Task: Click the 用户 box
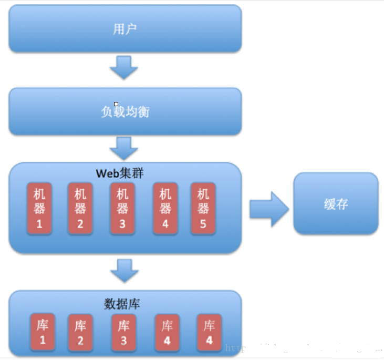point(125,29)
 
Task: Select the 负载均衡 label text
point(125,112)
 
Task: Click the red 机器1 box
point(39,209)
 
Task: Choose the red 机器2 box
point(80,209)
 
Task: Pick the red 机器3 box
point(122,209)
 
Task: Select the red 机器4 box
point(165,209)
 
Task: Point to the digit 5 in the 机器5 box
point(203,222)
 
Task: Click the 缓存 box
point(336,204)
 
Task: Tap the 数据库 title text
point(122,303)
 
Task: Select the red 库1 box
point(43,333)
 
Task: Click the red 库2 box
point(80,333)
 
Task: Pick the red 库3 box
point(124,333)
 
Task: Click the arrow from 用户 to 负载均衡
point(124,67)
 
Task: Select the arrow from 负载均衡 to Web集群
point(124,148)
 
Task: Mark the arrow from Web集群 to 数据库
point(124,271)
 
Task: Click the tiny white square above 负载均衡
point(116,104)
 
